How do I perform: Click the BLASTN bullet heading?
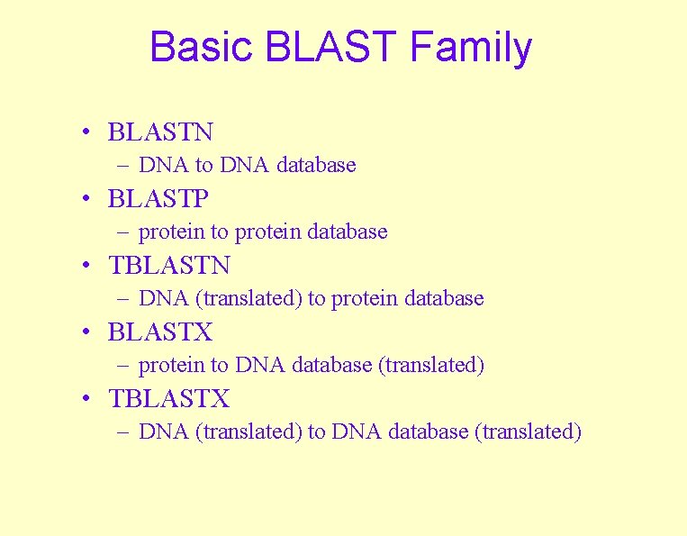coord(160,132)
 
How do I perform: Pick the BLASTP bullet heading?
coord(158,199)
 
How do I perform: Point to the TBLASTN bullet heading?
coord(168,266)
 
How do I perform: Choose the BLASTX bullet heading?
coord(160,332)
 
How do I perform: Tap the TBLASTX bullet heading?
coord(168,399)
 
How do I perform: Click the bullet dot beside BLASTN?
coord(84,132)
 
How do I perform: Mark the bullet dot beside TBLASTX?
coord(84,399)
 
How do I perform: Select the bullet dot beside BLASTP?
coord(84,199)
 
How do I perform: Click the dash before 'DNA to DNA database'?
coord(122,166)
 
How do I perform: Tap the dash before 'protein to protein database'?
coord(122,232)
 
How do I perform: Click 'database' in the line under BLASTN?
coord(317,165)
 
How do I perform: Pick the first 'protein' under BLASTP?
coord(171,232)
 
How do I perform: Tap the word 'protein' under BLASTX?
coord(171,366)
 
